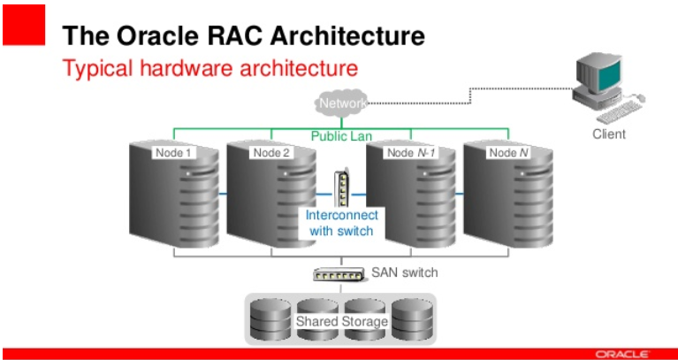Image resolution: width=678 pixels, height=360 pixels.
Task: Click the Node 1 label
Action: [x=173, y=152]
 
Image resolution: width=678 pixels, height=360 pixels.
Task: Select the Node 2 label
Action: [x=271, y=152]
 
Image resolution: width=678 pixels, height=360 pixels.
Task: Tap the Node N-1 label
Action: [x=410, y=152]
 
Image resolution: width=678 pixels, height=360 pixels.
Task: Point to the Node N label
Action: [x=509, y=152]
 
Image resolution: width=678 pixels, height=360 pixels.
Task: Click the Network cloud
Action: [x=341, y=104]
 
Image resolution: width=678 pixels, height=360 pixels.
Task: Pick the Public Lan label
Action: [x=341, y=136]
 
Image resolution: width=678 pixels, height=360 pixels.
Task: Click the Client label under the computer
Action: [x=608, y=134]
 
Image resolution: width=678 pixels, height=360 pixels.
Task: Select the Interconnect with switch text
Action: [x=341, y=223]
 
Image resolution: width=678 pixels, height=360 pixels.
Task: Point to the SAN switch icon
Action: [x=338, y=274]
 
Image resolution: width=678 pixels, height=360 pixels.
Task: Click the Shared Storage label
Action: [x=341, y=321]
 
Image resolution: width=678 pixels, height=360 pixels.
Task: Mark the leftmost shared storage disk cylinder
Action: [x=268, y=320]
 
